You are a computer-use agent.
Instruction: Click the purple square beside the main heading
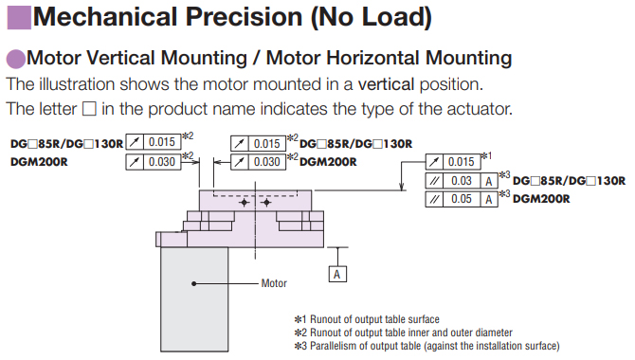(19, 17)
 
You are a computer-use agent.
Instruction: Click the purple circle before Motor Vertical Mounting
(16, 59)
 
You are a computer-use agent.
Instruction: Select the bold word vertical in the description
(386, 84)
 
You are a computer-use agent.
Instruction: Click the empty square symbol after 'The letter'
(89, 109)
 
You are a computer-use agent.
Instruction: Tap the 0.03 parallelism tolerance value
(462, 181)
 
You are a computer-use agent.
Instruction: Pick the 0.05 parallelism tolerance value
(462, 199)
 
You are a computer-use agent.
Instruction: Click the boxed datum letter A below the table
(337, 274)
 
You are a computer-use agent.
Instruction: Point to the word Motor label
(274, 283)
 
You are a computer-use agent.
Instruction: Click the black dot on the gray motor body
(194, 283)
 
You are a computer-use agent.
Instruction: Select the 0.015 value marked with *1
(461, 162)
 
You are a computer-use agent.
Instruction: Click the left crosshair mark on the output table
(244, 203)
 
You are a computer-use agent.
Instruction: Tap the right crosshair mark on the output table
(266, 203)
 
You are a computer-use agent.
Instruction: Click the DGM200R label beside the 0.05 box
(541, 199)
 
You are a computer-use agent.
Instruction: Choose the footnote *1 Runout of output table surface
(367, 319)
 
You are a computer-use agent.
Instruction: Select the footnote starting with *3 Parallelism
(426, 346)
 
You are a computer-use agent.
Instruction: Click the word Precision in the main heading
(244, 17)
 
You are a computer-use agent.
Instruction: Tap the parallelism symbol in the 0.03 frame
(434, 181)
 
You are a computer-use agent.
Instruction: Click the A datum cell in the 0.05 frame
(489, 199)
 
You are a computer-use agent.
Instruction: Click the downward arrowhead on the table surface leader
(401, 186)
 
